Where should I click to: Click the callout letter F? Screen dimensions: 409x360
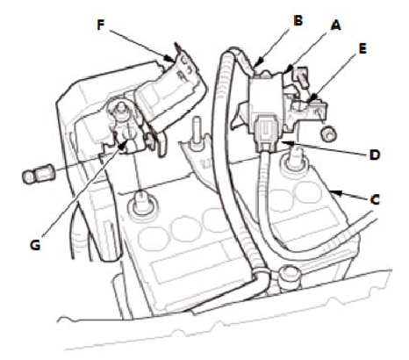tap(101, 25)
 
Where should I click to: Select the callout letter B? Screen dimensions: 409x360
tap(298, 20)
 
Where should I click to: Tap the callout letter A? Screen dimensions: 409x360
tap(336, 25)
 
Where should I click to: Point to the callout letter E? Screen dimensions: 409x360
tap(362, 48)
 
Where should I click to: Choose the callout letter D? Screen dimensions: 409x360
tap(374, 155)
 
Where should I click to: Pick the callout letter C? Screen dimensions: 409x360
tap(375, 199)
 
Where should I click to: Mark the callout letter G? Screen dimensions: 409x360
tap(35, 245)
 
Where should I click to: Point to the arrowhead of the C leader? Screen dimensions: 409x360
tap(334, 192)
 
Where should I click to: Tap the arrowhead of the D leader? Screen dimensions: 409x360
tap(285, 143)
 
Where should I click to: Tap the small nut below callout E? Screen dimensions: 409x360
tap(328, 134)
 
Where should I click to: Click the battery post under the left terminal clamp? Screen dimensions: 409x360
tap(142, 203)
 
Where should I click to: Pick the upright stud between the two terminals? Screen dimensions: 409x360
tap(197, 132)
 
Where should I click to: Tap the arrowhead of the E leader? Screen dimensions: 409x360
tap(311, 99)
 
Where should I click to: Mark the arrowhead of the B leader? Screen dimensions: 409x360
tap(258, 64)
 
